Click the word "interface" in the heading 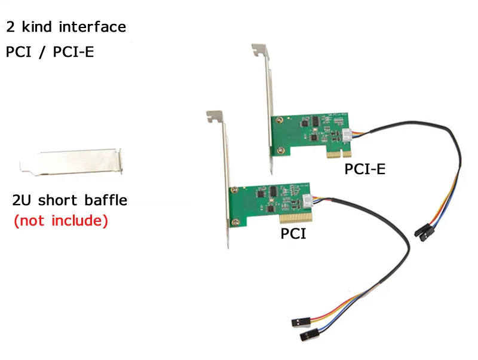coord(93,27)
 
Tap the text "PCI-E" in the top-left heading coord(73,51)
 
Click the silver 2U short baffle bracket coord(71,161)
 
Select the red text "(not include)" coord(61,221)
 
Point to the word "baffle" coord(106,200)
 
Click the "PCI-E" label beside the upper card coord(364,169)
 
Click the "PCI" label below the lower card coord(293,234)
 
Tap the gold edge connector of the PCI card coord(296,218)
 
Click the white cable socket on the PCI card coord(308,201)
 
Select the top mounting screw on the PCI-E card coord(278,120)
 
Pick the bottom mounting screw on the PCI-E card coord(280,151)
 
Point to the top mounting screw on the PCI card coord(234,190)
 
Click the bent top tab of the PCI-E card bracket coord(259,50)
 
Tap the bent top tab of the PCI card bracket coord(215,116)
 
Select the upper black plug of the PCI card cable coord(301,322)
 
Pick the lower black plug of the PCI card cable coord(309,335)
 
